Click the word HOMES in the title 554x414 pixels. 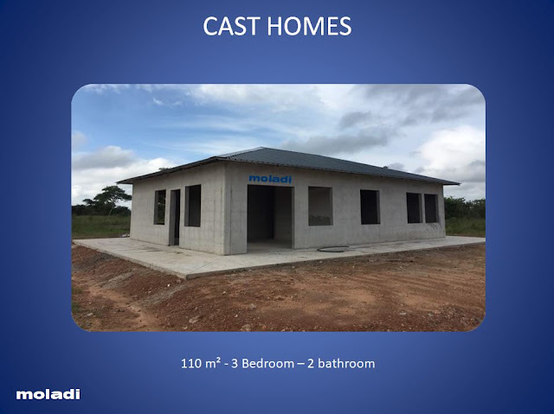pos(309,26)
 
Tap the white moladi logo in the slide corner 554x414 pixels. pos(48,394)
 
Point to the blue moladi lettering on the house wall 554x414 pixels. pos(270,179)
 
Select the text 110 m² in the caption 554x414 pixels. pos(201,363)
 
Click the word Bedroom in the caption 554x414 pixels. pos(267,363)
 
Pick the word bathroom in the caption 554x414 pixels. pos(345,363)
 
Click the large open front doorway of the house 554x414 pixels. pos(270,217)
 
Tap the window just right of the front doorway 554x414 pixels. pos(320,206)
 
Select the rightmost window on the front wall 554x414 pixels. pos(431,208)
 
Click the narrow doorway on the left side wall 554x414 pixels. pos(175,217)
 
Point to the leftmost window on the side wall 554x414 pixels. pos(159,207)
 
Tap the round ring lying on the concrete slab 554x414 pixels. pos(333,249)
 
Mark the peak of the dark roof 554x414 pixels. pos(261,148)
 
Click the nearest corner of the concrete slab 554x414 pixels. pos(186,277)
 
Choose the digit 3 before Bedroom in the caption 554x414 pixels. pos(235,363)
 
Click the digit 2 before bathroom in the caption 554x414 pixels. pos(310,363)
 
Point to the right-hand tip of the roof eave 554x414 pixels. pos(459,183)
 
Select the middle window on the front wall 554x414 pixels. pos(370,207)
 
